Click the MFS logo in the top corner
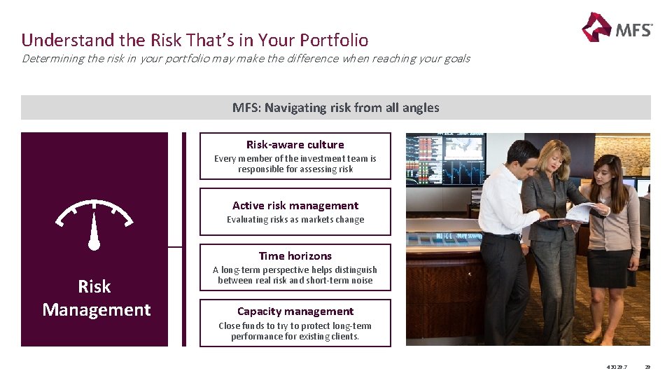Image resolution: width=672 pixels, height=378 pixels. tap(616, 28)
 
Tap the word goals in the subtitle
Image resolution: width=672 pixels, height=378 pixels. tap(454, 59)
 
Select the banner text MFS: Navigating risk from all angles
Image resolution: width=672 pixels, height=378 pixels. tap(336, 108)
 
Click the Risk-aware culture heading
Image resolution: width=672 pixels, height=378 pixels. tap(295, 145)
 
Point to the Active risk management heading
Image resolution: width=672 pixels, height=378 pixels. tap(295, 206)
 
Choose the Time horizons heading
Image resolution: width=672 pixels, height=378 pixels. tap(295, 256)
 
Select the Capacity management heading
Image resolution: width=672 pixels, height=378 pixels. tap(295, 311)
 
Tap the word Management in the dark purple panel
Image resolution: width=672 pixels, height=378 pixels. tap(97, 310)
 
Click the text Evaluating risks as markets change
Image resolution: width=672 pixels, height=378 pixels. tap(295, 220)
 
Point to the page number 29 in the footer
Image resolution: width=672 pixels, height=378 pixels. tap(647, 367)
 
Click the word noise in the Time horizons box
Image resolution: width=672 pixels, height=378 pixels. tap(360, 281)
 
